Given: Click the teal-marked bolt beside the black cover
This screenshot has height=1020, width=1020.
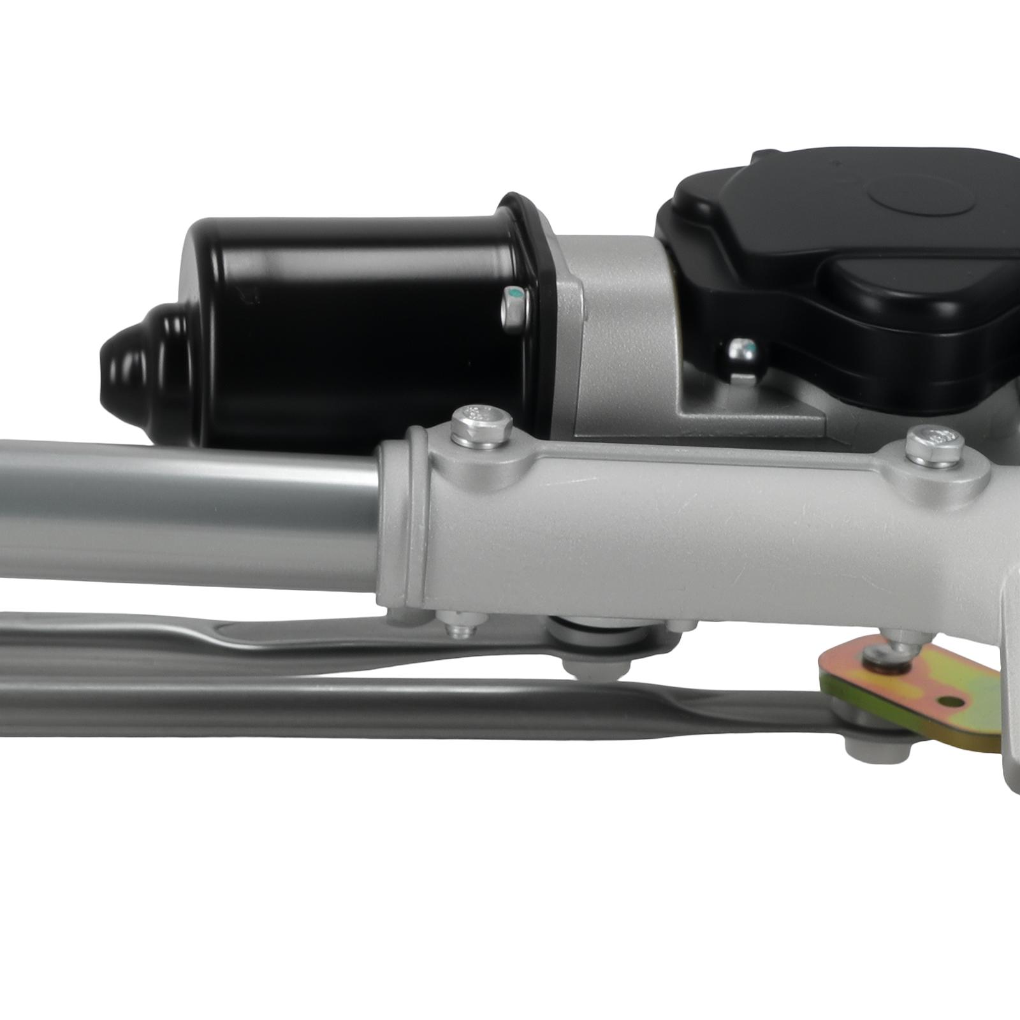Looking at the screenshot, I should tap(741, 351).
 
